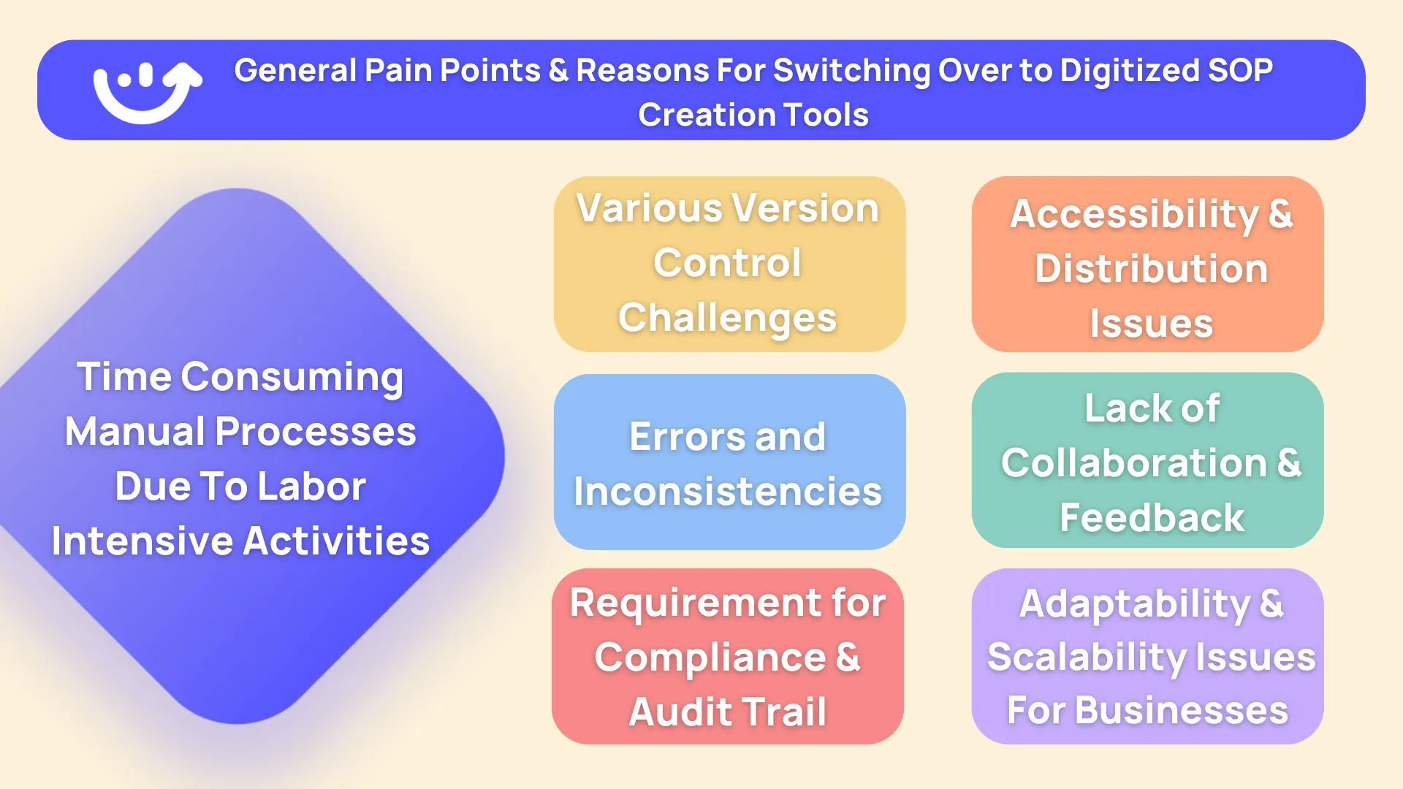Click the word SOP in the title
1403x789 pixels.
(1240, 71)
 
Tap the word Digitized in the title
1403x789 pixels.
(1129, 71)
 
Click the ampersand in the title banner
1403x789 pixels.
(558, 71)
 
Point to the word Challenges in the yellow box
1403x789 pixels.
(727, 318)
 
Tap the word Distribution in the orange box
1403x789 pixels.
(1151, 269)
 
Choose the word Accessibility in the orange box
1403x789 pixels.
(1134, 215)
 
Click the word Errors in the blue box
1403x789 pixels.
(686, 437)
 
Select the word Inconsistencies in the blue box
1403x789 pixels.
(728, 492)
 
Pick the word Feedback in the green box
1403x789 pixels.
(1152, 518)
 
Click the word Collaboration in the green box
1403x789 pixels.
(1133, 463)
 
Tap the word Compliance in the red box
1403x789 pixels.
(710, 658)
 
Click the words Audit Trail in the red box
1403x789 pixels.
(728, 712)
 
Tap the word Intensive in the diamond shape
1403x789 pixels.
(142, 541)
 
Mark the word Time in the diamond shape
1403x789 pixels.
(123, 377)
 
